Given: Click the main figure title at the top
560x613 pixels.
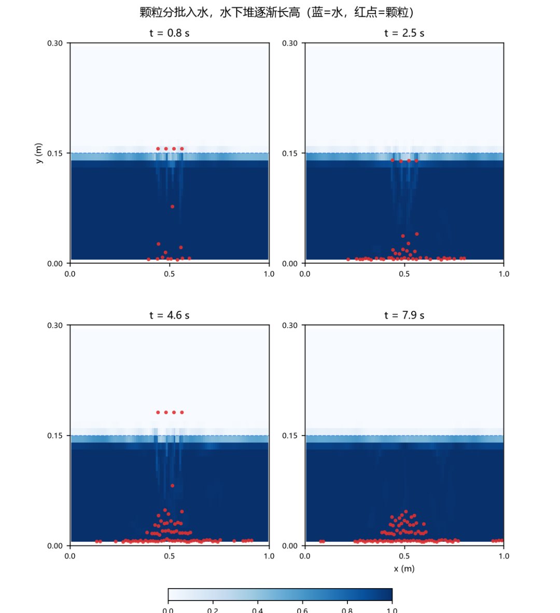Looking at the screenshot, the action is coord(276,12).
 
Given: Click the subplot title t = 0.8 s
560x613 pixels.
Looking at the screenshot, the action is coord(170,33).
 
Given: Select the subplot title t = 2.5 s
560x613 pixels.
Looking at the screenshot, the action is coord(404,33).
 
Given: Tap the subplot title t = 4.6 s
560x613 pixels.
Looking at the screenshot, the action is coord(170,315).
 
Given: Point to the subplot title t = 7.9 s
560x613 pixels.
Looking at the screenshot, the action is coord(404,315).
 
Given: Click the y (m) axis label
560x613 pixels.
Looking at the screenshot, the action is coord(38,153).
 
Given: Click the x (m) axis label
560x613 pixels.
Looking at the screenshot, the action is coord(404,568).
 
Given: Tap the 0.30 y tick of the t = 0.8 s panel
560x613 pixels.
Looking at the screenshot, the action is coord(54,43).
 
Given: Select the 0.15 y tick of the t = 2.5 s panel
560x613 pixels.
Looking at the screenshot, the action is coord(290,153).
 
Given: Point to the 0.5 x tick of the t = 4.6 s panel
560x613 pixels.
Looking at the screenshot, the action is coord(170,556).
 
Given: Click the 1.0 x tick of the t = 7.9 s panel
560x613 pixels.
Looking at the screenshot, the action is coord(504,556).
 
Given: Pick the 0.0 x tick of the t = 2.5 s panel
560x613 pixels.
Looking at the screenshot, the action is coord(305,274).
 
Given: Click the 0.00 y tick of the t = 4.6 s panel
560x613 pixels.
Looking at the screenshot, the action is coord(54,546).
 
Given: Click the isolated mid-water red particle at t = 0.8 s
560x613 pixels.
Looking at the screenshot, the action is coord(172,207).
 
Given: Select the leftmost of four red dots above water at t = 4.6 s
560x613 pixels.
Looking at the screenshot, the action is coord(158,413).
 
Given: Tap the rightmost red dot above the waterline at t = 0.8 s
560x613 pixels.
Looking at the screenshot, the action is coord(182,149).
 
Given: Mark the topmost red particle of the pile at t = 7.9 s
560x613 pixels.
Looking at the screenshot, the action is coord(406,511).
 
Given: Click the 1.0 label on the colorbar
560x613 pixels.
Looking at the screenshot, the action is coord(392,610).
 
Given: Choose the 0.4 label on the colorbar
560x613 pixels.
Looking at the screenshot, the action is coord(257,610).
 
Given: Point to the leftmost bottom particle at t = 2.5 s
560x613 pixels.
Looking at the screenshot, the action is coord(348,259).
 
